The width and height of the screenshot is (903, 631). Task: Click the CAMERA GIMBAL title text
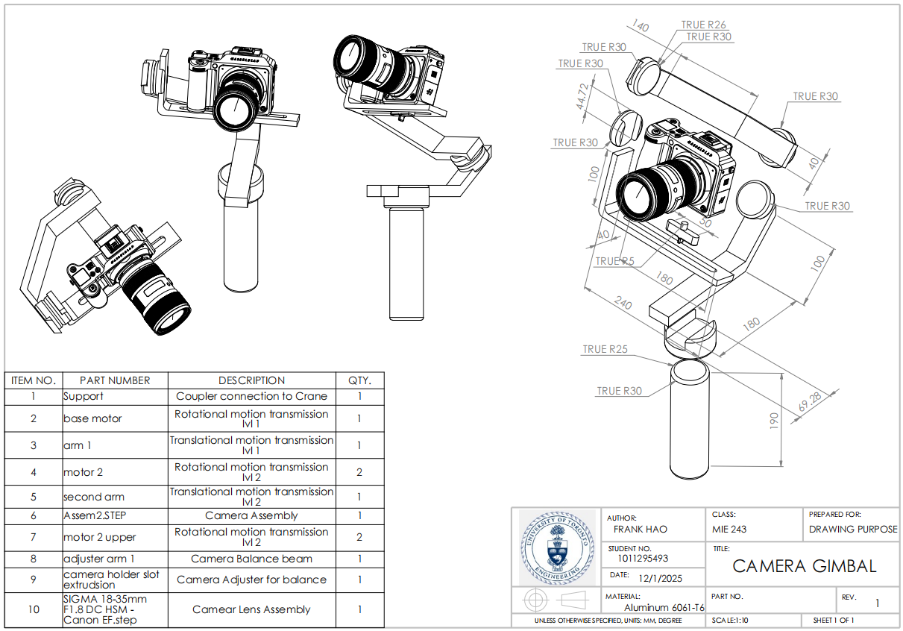[805, 566]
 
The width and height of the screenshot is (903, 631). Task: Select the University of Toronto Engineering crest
[556, 547]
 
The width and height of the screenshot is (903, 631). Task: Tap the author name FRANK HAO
[640, 530]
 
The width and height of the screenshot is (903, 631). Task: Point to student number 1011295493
[643, 558]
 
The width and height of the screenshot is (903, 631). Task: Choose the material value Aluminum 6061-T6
[664, 607]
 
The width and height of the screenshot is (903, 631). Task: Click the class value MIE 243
[729, 530]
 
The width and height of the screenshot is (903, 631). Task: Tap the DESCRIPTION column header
[251, 380]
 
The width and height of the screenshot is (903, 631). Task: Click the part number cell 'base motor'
[93, 418]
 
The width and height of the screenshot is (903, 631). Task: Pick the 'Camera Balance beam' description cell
[251, 559]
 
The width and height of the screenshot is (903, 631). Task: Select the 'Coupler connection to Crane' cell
[251, 396]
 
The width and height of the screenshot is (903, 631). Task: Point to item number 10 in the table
[34, 609]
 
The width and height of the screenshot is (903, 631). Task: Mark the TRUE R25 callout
[605, 349]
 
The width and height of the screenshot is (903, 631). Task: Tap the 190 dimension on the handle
[774, 421]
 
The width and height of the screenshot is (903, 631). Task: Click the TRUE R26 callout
[703, 25]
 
